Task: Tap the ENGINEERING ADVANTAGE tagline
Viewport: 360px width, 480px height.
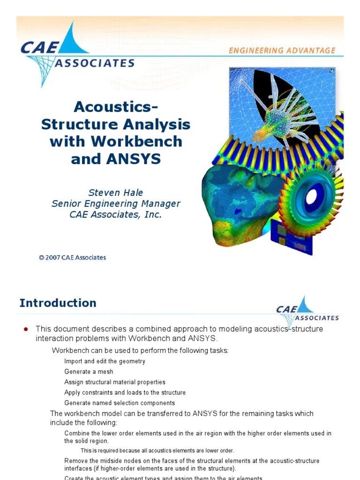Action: click(282, 50)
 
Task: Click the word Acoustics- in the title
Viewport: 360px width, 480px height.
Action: click(115, 107)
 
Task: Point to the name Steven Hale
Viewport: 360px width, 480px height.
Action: click(115, 193)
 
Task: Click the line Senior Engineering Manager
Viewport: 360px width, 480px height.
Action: click(115, 204)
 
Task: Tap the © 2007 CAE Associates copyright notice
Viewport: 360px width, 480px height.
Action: click(72, 257)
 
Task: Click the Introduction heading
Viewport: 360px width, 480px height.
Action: click(58, 303)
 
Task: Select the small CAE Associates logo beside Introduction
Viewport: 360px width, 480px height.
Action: click(307, 310)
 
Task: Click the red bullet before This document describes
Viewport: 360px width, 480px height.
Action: click(27, 329)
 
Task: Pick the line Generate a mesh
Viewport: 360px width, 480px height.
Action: click(89, 372)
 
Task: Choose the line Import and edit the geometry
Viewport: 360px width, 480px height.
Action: click(105, 361)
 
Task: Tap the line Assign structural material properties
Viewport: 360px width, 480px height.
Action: click(114, 382)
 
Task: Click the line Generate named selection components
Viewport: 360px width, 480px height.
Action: click(119, 403)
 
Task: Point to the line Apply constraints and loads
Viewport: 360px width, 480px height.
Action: click(125, 392)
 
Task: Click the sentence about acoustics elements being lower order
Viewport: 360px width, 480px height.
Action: click(157, 451)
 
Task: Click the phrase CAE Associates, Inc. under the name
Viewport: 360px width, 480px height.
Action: click(115, 215)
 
